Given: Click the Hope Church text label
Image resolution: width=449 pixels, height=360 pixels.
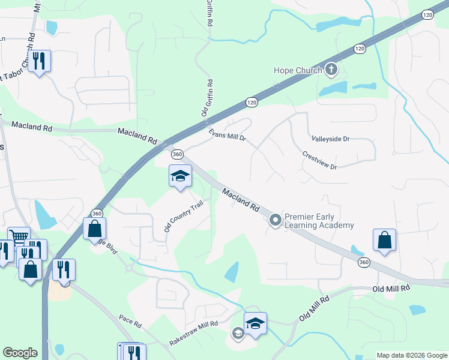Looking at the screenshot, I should tap(297, 70).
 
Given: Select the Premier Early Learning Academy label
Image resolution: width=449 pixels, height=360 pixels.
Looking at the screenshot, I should tap(319, 221).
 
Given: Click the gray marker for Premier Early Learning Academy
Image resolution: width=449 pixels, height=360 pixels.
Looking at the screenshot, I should tap(276, 221).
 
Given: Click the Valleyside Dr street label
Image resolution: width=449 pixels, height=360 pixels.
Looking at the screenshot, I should tap(330, 139).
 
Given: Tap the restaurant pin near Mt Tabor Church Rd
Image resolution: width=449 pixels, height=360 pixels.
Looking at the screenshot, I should tap(39, 61).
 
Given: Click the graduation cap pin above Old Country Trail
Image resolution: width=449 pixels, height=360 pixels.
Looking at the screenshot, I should tap(180, 176).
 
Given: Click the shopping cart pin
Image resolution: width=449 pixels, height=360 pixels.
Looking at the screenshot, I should tap(19, 237).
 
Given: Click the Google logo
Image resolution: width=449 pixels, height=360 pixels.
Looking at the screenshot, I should tap(20, 353).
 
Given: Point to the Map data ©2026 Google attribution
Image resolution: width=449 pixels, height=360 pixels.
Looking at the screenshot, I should tap(411, 355).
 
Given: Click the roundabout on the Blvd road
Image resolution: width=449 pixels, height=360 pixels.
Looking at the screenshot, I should tap(128, 268).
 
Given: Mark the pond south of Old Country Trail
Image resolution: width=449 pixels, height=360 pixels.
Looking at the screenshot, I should tap(232, 272).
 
